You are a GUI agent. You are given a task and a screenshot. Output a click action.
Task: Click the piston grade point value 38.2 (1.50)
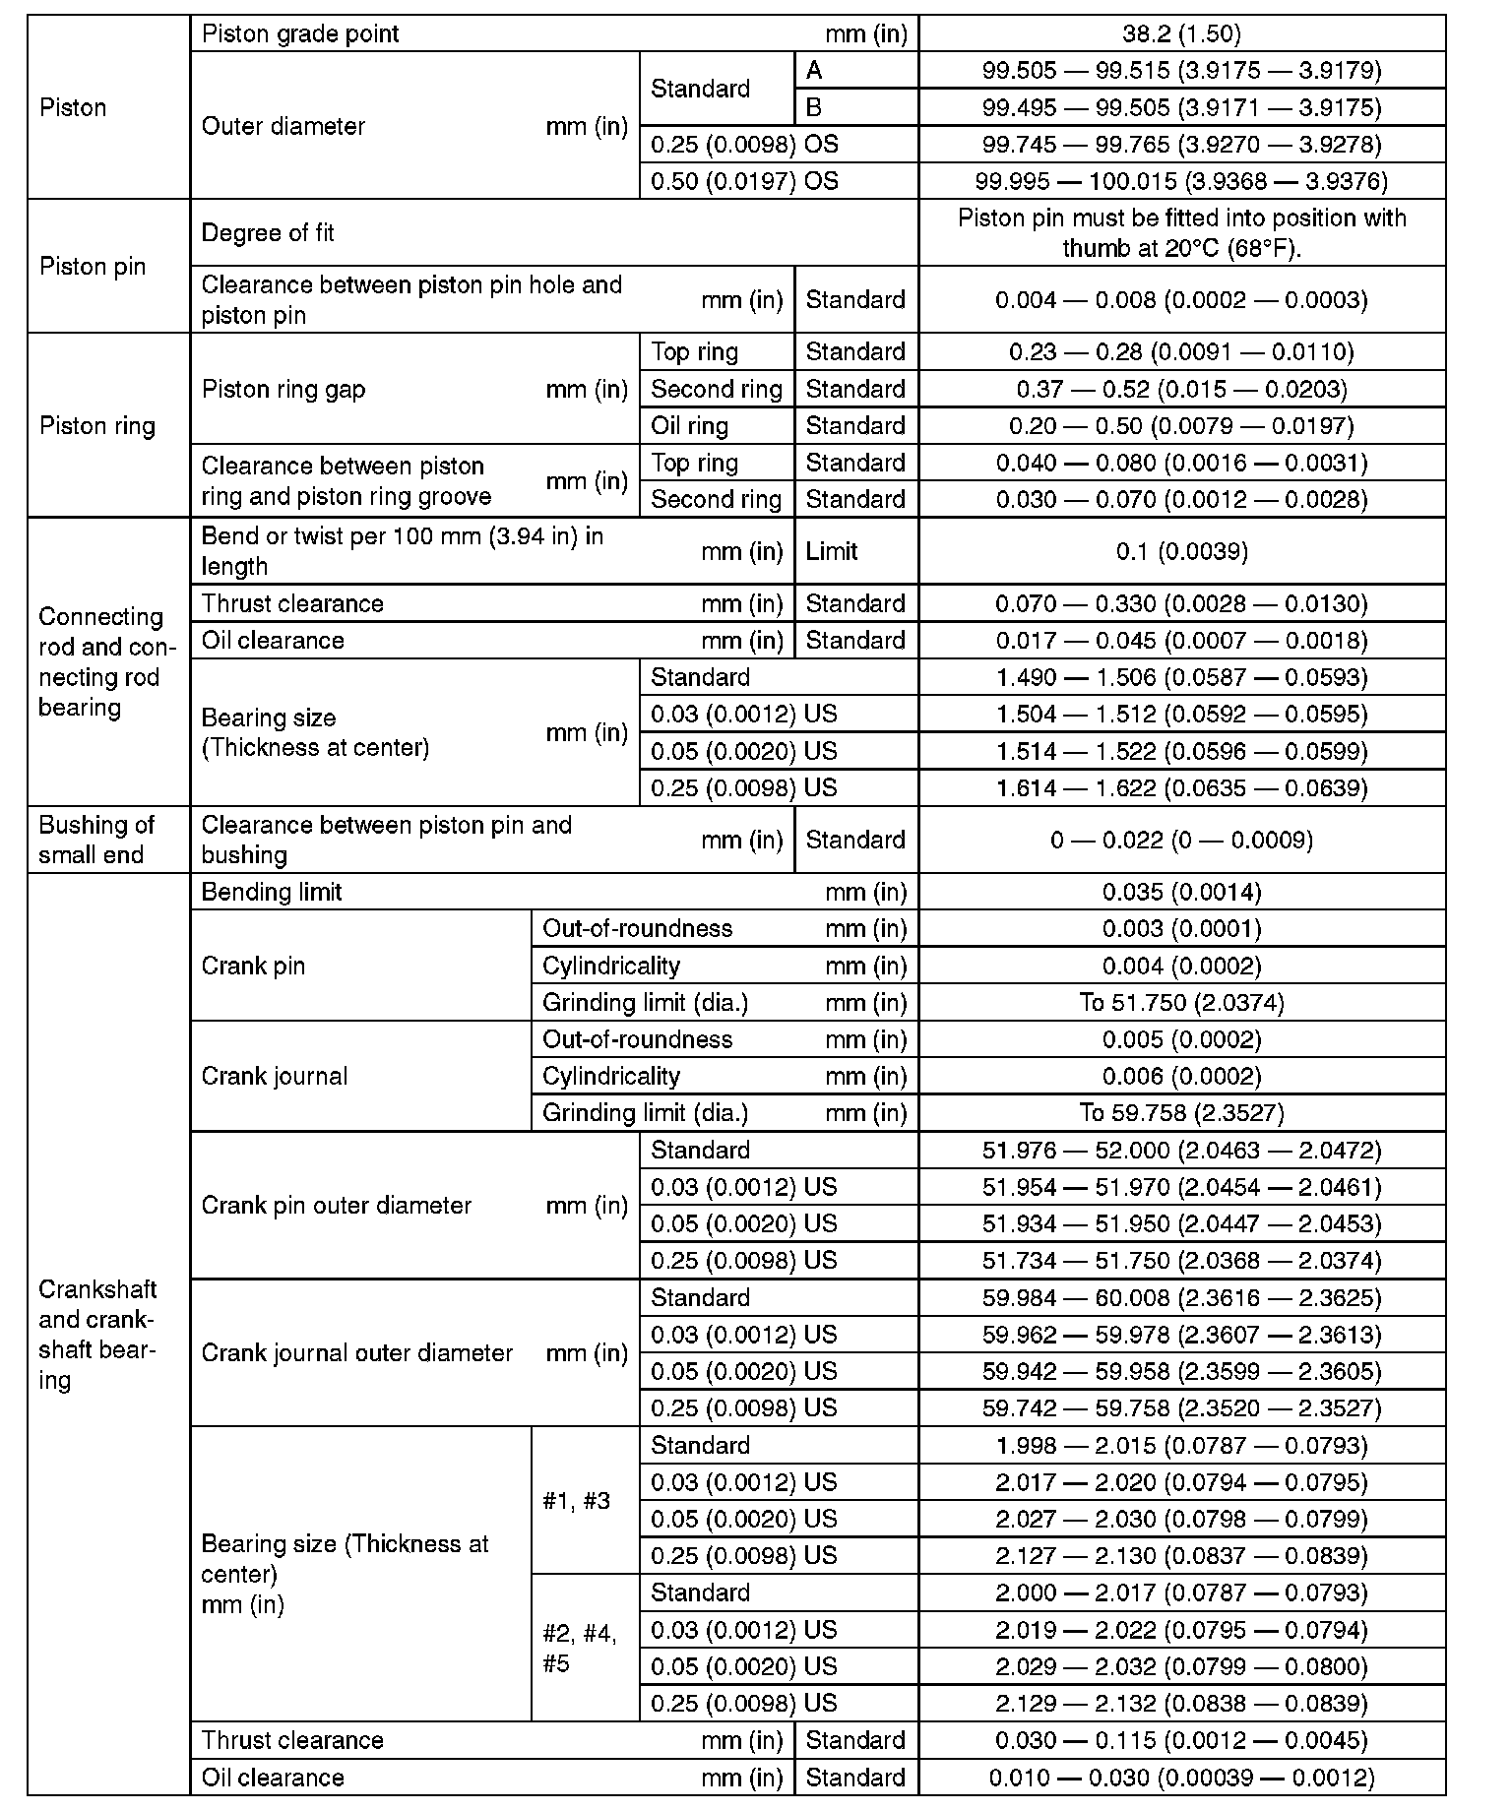point(1181,33)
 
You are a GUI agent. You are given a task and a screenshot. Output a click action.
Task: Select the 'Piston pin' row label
point(93,267)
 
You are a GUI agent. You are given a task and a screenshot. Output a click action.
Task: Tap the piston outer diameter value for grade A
point(1181,70)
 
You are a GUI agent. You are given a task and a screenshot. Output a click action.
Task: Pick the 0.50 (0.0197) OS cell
point(745,181)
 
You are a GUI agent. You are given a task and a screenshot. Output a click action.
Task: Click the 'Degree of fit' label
point(268,233)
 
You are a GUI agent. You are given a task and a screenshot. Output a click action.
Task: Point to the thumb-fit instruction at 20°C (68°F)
point(1181,233)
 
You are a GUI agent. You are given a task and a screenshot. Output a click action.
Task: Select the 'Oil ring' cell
point(690,426)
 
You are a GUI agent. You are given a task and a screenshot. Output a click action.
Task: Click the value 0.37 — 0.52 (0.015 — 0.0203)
point(1181,389)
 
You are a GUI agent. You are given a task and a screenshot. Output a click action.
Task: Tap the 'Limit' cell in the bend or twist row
point(832,551)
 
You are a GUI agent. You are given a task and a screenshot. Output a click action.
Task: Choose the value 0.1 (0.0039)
point(1181,551)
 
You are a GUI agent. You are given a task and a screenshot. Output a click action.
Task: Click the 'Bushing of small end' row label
point(96,840)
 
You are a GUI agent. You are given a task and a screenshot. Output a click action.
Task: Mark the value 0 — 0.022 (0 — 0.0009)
point(1181,840)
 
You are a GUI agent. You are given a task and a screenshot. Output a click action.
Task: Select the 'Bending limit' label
point(272,892)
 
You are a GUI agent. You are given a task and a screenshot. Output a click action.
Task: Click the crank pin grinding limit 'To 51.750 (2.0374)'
point(1181,1002)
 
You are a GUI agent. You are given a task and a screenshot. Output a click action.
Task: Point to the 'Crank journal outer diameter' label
point(357,1353)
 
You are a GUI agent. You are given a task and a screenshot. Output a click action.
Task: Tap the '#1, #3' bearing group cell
point(577,1501)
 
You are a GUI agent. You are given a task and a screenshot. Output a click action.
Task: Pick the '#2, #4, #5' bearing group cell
point(580,1649)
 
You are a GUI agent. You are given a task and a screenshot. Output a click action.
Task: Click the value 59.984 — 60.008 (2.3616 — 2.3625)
point(1181,1298)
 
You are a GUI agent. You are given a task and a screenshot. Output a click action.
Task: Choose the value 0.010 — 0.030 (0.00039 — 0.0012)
point(1181,1778)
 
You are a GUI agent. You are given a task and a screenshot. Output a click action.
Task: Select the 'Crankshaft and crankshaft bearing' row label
point(96,1335)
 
